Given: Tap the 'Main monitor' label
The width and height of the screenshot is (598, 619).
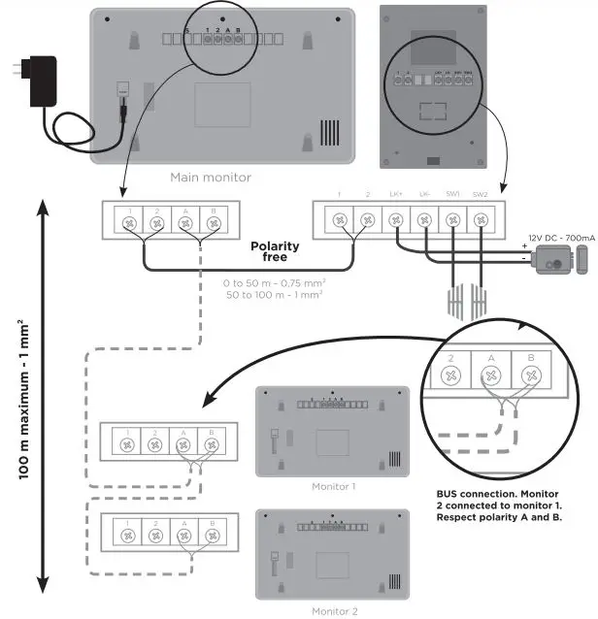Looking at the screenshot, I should pos(211,177).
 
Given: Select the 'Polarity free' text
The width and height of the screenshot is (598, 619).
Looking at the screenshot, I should pos(275,252).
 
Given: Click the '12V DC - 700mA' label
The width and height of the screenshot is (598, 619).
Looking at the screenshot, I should pos(559,237).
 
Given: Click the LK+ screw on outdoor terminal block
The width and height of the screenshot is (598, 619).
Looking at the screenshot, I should pos(396,221).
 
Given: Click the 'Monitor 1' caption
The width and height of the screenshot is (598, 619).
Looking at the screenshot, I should pos(333,485).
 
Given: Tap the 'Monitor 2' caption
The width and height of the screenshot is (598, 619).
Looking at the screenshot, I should pos(333,611).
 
